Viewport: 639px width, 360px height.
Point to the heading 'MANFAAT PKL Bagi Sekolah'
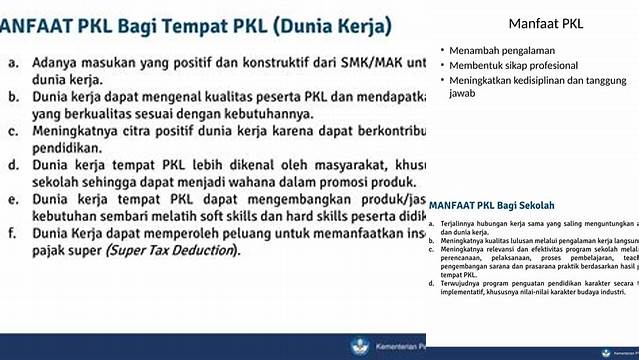click(x=493, y=204)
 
